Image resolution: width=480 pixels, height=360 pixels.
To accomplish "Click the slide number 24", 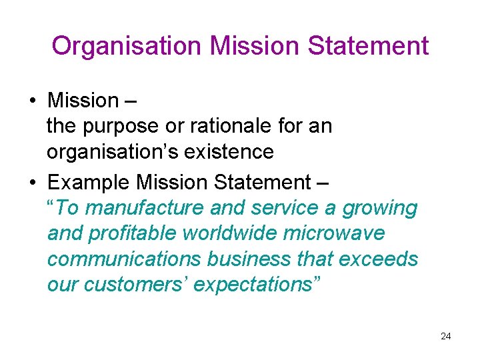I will pos(446,336).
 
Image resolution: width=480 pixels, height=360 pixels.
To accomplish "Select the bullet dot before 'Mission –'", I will pos(32,101).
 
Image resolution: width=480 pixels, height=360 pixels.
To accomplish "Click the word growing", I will pos(379,209).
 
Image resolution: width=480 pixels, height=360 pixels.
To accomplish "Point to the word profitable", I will pos(127,233).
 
